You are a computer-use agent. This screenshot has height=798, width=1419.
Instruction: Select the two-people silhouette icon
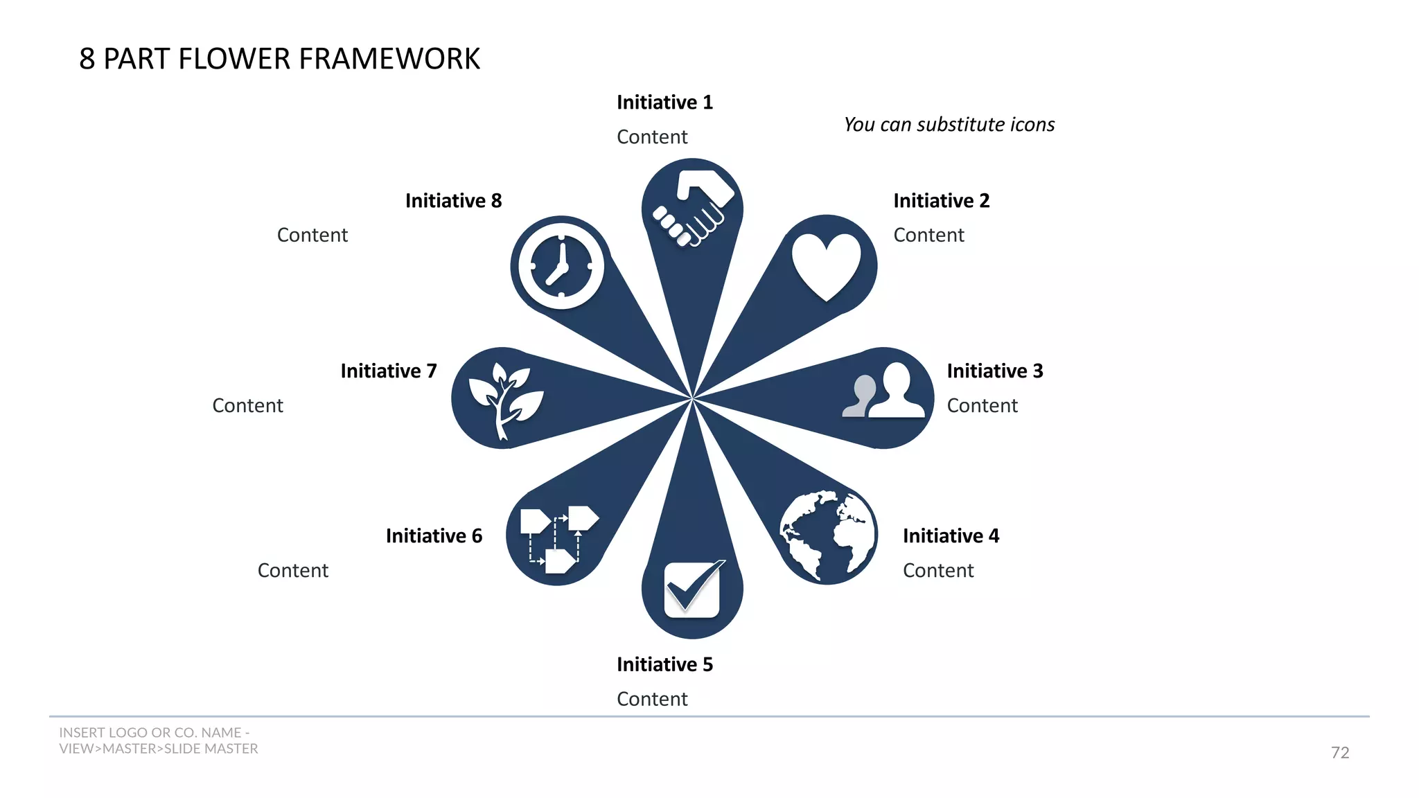(883, 391)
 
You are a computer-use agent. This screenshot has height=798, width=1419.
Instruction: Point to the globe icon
(827, 535)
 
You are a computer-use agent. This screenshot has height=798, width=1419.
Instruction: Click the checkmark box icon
(693, 589)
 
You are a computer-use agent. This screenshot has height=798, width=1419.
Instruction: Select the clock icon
(561, 266)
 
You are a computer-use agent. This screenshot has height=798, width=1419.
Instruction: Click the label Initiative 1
(664, 103)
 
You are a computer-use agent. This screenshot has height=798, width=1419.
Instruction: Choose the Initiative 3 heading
(994, 371)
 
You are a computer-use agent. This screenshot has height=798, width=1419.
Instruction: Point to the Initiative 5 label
(664, 665)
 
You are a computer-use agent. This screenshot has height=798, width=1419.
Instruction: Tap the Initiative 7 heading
(389, 371)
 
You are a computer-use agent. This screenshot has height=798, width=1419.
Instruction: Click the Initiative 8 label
(453, 201)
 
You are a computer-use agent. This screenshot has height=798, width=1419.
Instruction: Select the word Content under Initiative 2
(928, 236)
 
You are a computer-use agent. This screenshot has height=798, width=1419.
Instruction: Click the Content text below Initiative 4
(938, 571)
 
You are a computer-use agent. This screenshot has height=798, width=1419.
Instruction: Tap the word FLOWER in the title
(235, 59)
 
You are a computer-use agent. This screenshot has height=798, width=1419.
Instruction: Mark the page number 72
(1339, 752)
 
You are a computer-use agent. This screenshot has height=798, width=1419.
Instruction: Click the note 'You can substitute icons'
(949, 125)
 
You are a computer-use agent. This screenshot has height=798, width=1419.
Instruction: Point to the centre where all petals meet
(692, 399)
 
